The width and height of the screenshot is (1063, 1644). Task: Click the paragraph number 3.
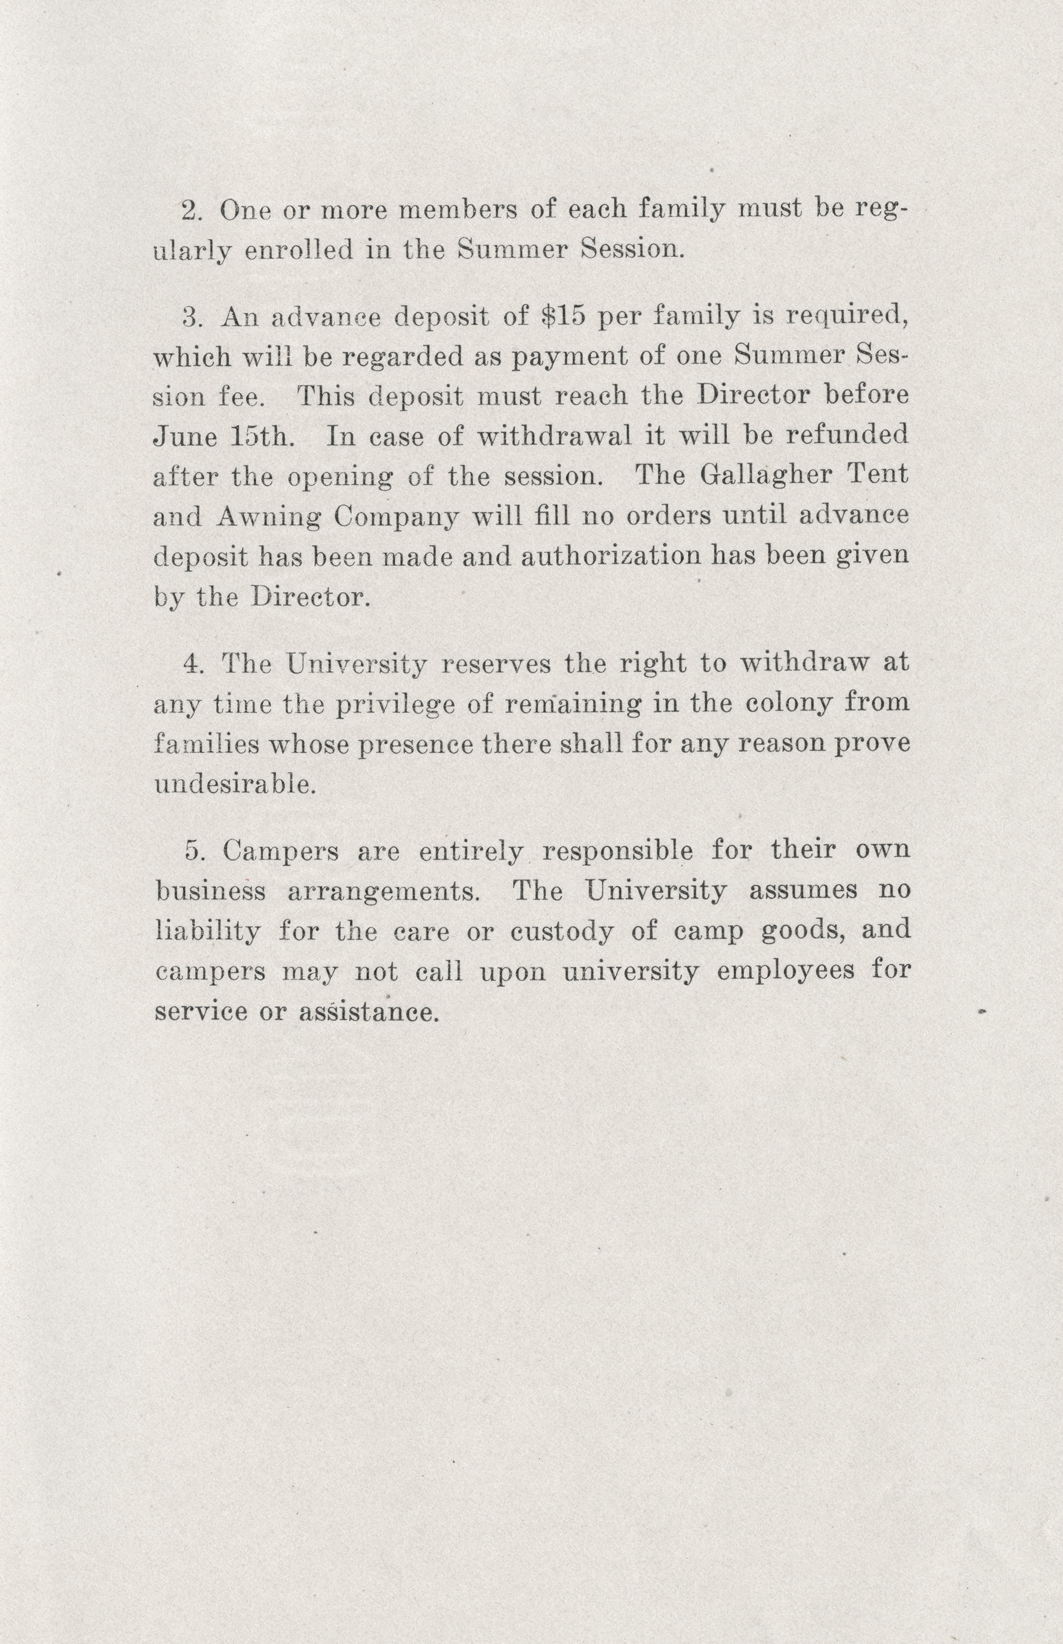click(x=191, y=317)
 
